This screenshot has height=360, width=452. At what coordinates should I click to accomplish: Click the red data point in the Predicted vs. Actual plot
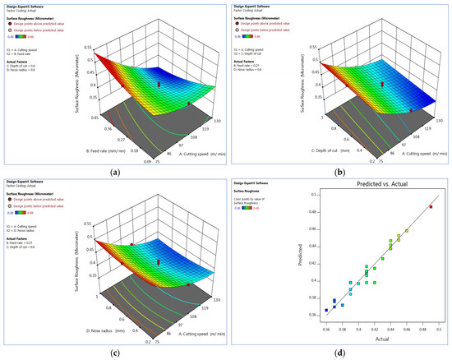pyautogui.click(x=430, y=229)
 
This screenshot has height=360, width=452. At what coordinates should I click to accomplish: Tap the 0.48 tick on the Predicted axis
pyautogui.click(x=309, y=235)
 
